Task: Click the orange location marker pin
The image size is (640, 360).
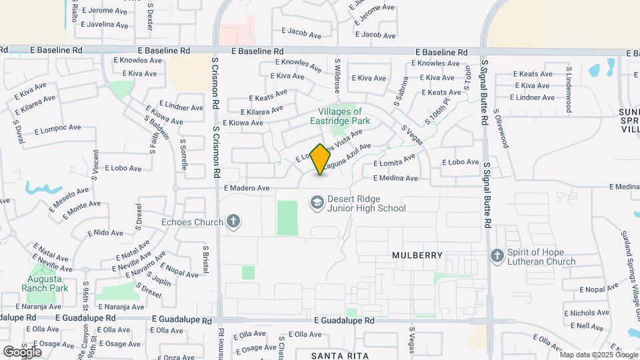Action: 321,159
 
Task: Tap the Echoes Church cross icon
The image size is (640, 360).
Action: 233,221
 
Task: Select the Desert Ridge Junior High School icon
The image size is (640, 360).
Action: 317,201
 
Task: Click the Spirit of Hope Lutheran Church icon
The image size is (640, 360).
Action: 496,256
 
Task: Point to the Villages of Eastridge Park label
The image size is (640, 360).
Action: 339,116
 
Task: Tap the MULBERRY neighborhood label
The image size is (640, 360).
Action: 417,255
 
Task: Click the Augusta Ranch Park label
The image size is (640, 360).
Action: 45,283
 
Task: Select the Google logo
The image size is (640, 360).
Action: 22,351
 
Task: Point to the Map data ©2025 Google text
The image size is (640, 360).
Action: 596,355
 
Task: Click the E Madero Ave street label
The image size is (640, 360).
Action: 247,188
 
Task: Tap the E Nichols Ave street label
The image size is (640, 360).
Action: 585,312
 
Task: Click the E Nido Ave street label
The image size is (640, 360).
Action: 105,233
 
